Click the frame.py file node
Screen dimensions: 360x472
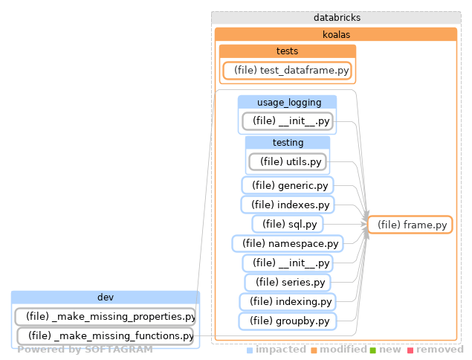click(x=410, y=225)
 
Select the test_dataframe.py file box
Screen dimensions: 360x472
click(x=287, y=71)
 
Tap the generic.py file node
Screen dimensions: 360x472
click(x=288, y=185)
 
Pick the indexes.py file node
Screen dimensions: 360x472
click(x=287, y=205)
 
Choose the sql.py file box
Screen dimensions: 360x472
click(x=287, y=224)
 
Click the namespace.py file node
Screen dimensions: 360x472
click(x=287, y=243)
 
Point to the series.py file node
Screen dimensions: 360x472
click(x=287, y=283)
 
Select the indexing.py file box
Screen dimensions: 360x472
click(x=287, y=302)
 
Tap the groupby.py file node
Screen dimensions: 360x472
click(x=287, y=321)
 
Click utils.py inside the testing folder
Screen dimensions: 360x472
click(x=288, y=161)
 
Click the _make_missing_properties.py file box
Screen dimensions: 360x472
click(x=105, y=317)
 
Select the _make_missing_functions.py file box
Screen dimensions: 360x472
click(x=105, y=336)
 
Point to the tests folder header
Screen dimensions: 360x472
click(x=287, y=51)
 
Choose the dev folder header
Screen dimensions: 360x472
click(x=105, y=298)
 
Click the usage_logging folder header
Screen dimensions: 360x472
click(x=287, y=102)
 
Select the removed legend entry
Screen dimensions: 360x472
click(x=439, y=349)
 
